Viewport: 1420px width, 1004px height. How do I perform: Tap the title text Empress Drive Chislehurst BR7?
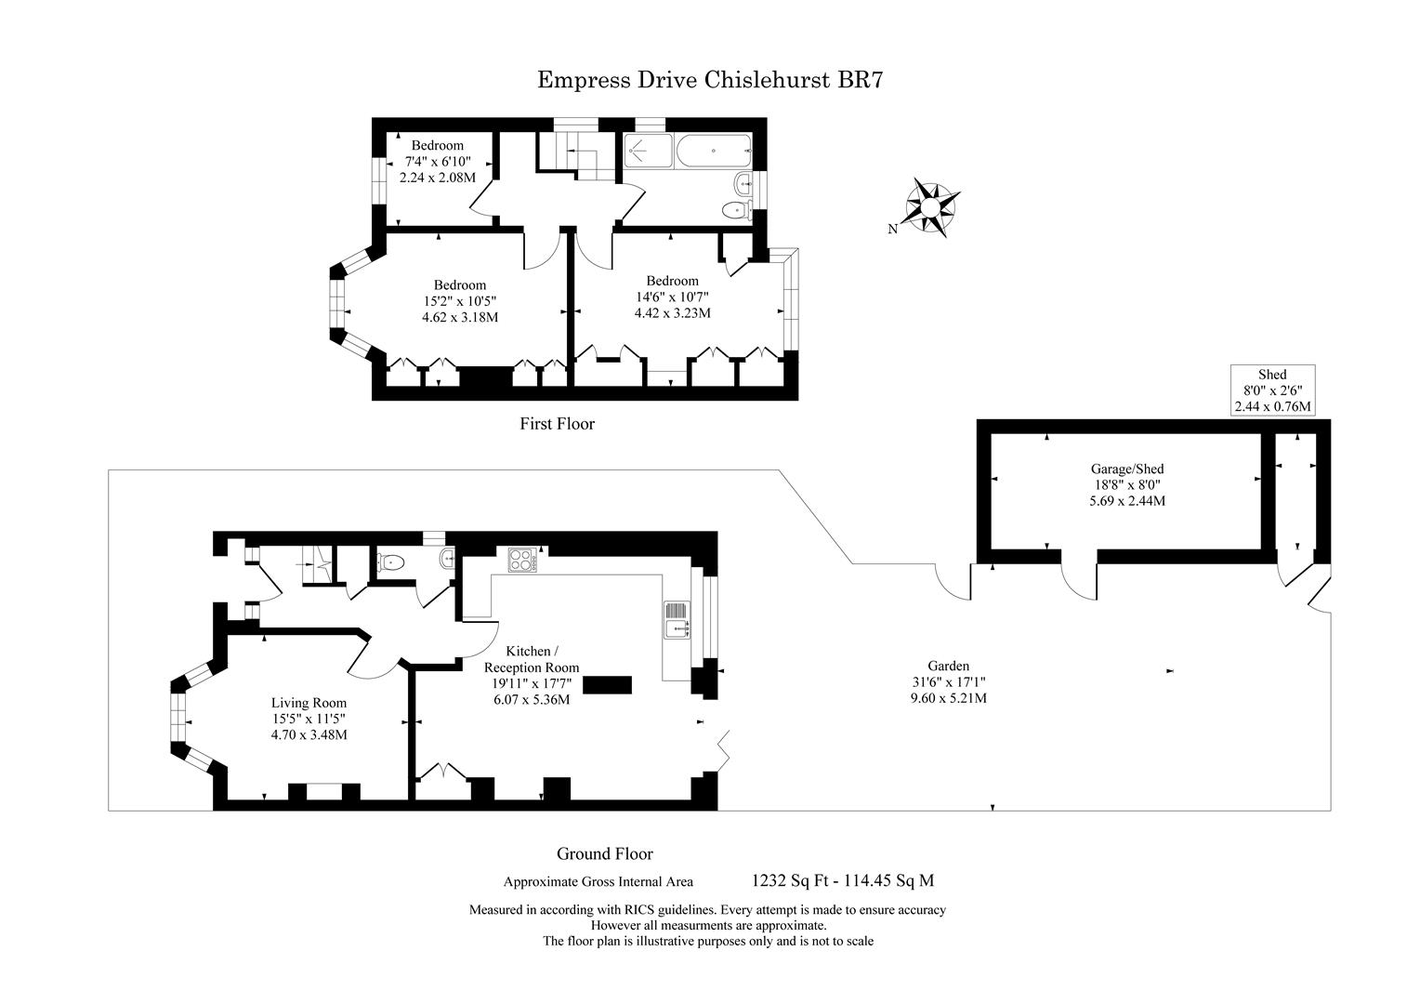pos(710,80)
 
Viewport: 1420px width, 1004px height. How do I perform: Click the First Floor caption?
pos(557,424)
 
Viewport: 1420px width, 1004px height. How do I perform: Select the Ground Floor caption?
pos(604,853)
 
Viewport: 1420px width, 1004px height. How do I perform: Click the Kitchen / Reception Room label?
pos(531,675)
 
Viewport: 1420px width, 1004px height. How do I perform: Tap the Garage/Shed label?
pos(1126,484)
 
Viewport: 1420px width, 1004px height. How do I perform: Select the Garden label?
pos(948,681)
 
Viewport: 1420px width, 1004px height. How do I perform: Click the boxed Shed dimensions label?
pos(1272,390)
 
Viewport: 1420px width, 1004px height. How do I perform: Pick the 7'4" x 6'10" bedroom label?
pos(437,161)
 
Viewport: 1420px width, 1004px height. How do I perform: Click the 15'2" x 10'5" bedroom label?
pos(459,300)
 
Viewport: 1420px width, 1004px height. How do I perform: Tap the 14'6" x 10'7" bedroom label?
pos(672,297)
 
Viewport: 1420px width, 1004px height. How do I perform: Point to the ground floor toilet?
pos(390,561)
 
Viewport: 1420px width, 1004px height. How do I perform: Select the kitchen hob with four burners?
pos(520,561)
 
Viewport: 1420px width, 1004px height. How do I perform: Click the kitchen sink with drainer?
pos(677,620)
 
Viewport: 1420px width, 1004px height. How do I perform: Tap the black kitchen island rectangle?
pos(607,684)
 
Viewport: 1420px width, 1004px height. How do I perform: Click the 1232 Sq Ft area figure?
pos(783,880)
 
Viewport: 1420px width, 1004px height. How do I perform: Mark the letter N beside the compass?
pos(892,230)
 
